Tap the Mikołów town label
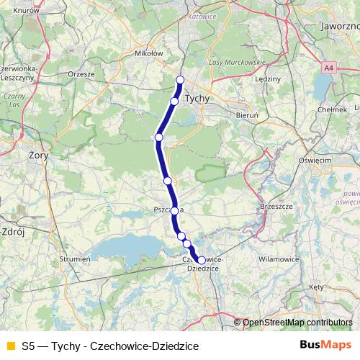tap(150, 53)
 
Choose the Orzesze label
tap(80, 73)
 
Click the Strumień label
tap(75, 257)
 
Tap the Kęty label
tap(316, 287)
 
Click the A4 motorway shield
tap(329, 68)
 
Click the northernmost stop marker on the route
tap(180, 80)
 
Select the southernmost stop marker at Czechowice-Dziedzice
tap(202, 260)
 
